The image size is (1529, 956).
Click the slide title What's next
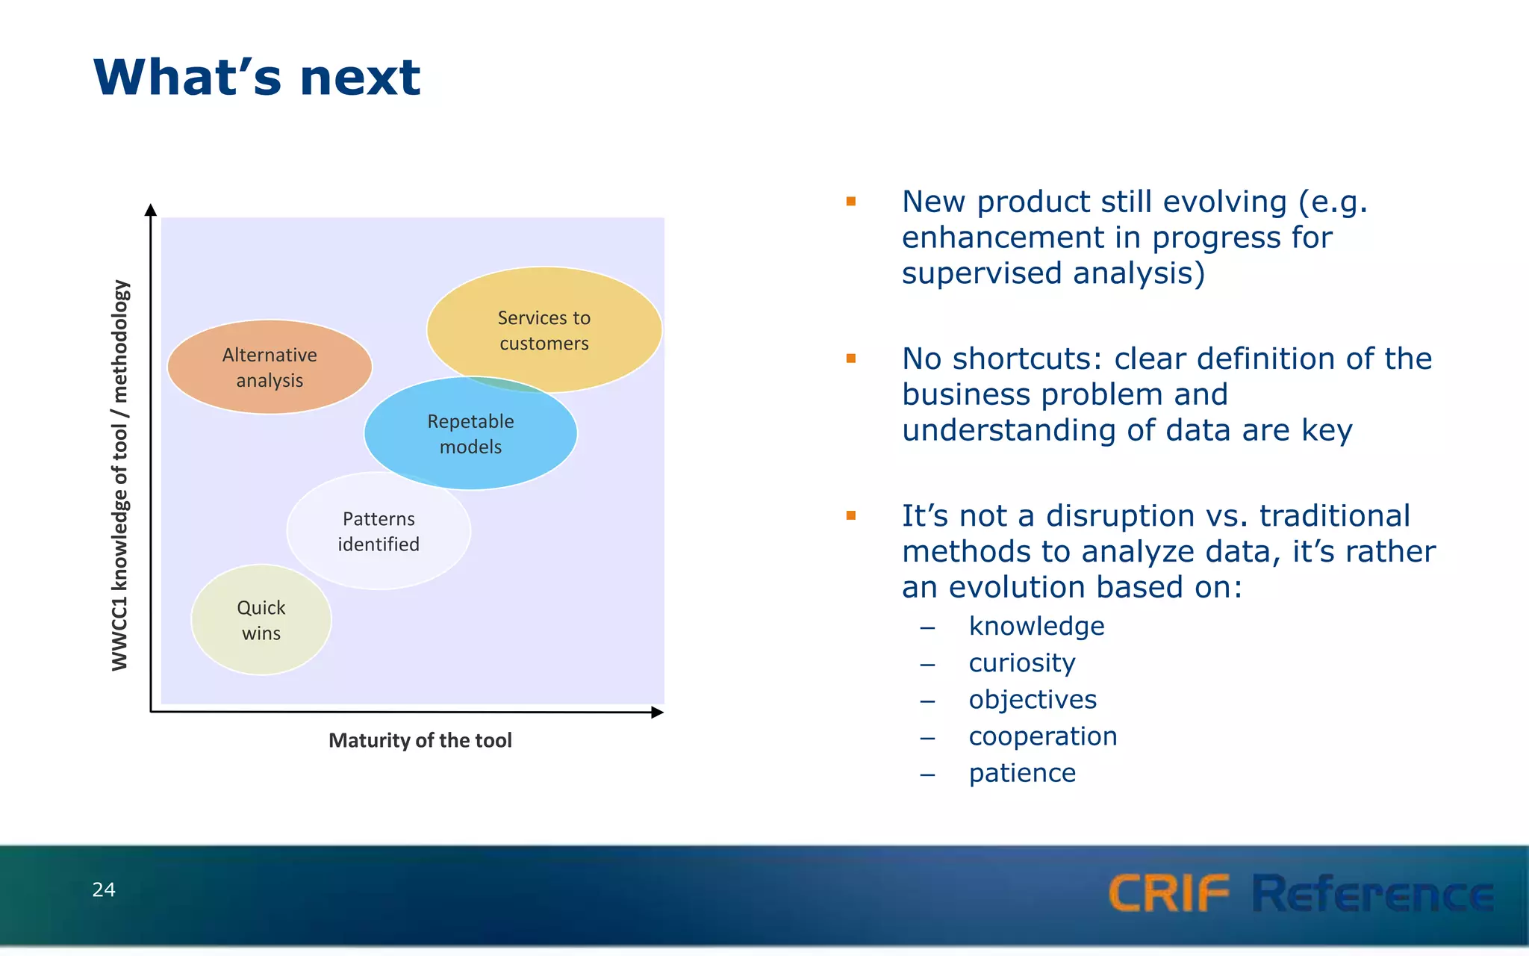click(257, 78)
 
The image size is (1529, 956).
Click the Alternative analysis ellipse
click(270, 367)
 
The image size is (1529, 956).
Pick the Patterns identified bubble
click(379, 531)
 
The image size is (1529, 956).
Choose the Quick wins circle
click(261, 620)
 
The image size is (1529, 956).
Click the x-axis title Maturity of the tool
click(420, 740)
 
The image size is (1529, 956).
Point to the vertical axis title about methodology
click(119, 475)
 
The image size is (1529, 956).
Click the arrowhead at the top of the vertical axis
click(151, 210)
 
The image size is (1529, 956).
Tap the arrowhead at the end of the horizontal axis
click(657, 713)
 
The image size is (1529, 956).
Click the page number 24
click(104, 890)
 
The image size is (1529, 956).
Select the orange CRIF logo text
click(1168, 893)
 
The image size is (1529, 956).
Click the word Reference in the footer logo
click(1373, 893)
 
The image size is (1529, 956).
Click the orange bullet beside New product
click(850, 201)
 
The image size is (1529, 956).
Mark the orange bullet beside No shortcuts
click(850, 358)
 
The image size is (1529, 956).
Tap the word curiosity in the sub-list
click(1021, 662)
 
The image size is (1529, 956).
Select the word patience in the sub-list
click(1021, 773)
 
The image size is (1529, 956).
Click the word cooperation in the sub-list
click(1042, 736)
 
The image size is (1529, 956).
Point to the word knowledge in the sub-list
click(1036, 626)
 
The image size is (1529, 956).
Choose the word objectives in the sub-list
click(1033, 700)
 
